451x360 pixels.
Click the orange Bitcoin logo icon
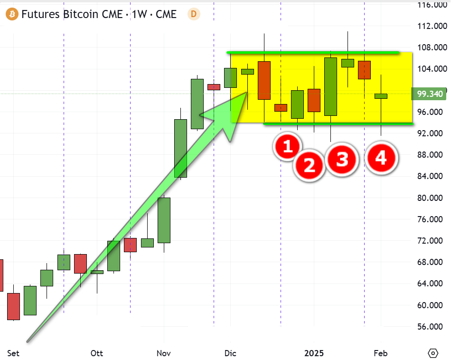(x=12, y=14)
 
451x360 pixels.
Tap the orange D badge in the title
(x=194, y=14)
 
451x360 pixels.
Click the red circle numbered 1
(x=287, y=146)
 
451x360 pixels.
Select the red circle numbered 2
(x=309, y=165)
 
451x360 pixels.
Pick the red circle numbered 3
(x=342, y=159)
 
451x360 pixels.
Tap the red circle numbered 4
(x=381, y=158)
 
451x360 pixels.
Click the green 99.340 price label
(x=429, y=94)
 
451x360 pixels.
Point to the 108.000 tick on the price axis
(x=432, y=47)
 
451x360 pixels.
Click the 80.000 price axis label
(x=430, y=198)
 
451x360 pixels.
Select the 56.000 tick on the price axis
(x=430, y=327)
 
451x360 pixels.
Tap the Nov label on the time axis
(x=164, y=353)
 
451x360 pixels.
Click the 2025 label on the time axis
(x=314, y=353)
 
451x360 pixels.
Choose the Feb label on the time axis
(x=381, y=353)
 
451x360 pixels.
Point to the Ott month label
(x=97, y=353)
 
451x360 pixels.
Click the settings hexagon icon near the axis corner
(x=433, y=353)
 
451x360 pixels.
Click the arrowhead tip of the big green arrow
(x=247, y=92)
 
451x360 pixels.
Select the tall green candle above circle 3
(x=330, y=86)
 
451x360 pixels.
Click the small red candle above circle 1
(x=281, y=108)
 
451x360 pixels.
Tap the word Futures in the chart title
(x=40, y=14)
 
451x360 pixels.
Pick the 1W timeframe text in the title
(x=139, y=14)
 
